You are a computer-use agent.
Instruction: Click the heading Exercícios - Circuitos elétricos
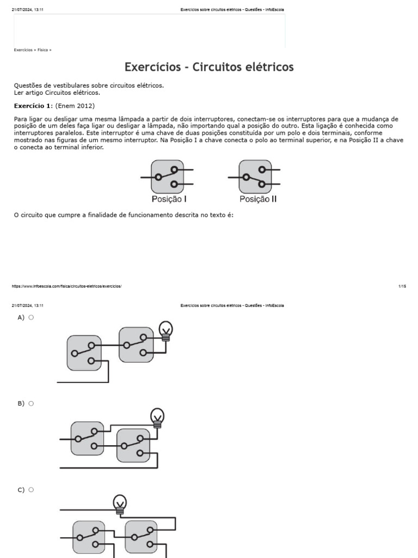tap(209, 67)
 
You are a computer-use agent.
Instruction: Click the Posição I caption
tap(169, 199)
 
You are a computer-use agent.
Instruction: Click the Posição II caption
tap(258, 199)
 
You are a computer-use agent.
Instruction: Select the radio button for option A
tap(31, 317)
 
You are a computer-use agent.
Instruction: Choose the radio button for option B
tap(31, 403)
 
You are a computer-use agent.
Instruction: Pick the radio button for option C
tap(31, 490)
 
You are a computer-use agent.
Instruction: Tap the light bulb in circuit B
tap(157, 417)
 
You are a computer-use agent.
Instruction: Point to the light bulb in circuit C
tap(120, 504)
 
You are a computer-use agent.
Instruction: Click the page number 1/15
tap(402, 286)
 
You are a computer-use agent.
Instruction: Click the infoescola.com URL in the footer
tap(66, 286)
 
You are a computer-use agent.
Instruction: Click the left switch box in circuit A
tap(84, 353)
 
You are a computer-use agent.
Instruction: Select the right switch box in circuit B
tap(133, 445)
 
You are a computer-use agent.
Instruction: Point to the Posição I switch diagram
tap(167, 177)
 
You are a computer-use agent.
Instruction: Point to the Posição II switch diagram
tap(255, 177)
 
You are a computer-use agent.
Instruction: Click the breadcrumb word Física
tap(42, 50)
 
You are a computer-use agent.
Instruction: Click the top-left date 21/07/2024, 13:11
tap(27, 10)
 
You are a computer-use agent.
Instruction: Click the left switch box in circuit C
tap(89, 537)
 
